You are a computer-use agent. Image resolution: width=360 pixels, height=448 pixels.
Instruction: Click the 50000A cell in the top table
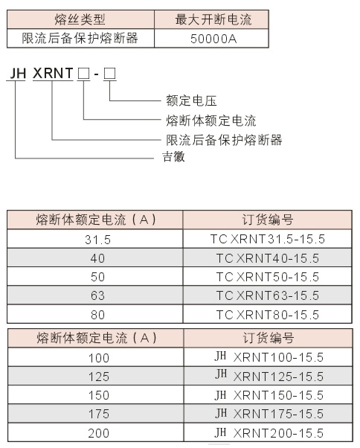[x=213, y=39]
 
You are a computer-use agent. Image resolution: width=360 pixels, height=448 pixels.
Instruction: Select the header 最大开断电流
[x=213, y=19]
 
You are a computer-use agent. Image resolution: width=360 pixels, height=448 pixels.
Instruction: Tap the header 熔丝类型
[x=80, y=19]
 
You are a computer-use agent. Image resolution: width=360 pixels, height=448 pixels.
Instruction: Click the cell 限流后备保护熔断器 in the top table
[x=80, y=38]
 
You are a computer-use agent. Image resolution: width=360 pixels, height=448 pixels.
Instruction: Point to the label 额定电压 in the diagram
[x=192, y=100]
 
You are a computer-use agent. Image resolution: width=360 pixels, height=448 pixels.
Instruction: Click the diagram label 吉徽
[x=173, y=156]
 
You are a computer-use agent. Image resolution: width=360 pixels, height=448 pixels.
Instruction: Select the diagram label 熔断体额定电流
[x=211, y=121]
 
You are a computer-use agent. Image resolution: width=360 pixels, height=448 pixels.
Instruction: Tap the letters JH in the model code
[x=18, y=74]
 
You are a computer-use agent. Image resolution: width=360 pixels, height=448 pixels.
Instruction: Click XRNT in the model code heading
[x=53, y=73]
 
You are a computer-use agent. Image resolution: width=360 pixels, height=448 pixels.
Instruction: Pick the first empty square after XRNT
[x=83, y=74]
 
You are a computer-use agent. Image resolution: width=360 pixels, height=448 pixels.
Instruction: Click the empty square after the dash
[x=109, y=74]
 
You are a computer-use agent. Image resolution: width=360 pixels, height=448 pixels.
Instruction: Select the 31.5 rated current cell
[x=97, y=240]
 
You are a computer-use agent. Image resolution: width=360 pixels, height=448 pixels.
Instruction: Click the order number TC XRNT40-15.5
[x=268, y=258]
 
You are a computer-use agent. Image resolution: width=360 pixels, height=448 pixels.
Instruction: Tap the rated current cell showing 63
[x=97, y=295]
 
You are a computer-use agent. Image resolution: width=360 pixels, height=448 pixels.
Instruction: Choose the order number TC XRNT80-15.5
[x=268, y=315]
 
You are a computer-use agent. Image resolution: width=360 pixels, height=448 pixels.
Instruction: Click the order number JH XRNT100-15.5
[x=269, y=357]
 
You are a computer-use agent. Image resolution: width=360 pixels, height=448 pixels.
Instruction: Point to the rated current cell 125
[x=99, y=377]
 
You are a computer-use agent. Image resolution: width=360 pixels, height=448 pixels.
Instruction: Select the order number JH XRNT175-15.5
[x=269, y=414]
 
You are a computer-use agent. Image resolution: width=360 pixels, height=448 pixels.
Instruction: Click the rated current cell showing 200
[x=99, y=433]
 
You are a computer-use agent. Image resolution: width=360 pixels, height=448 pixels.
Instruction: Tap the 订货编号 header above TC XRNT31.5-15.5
[x=268, y=220]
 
